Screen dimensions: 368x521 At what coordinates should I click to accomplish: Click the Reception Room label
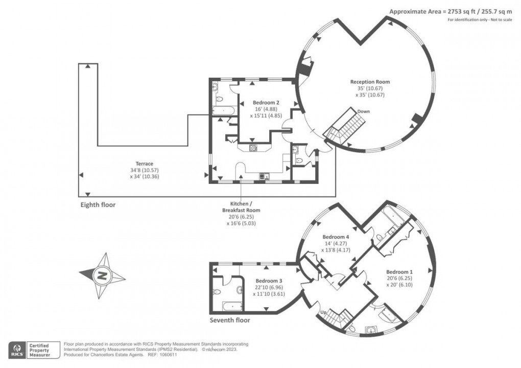[370, 82]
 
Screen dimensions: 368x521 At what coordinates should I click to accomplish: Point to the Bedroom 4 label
[336, 237]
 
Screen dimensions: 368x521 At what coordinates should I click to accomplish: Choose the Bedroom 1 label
[399, 271]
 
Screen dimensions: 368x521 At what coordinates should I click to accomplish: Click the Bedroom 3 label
[269, 281]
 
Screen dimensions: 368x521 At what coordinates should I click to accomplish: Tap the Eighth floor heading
[98, 204]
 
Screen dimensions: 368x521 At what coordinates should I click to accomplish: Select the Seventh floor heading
[230, 320]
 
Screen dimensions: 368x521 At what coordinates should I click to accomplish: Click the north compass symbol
[102, 276]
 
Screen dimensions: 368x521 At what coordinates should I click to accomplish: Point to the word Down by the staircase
[364, 111]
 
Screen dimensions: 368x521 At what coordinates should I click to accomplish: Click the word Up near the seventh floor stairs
[323, 311]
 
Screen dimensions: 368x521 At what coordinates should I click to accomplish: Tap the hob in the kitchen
[253, 148]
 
